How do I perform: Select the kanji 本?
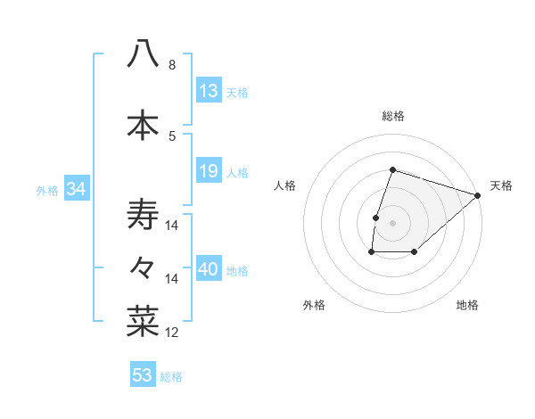(x=143, y=125)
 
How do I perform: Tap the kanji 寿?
(x=143, y=215)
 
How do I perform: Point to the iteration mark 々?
(x=143, y=266)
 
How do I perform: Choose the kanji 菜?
(x=143, y=319)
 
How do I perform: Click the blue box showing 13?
(x=209, y=91)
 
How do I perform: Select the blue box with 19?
(x=209, y=171)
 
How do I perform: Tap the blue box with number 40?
(x=209, y=270)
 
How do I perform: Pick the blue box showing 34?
(x=76, y=189)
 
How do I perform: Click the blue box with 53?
(x=143, y=375)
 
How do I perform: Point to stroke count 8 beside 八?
(x=171, y=65)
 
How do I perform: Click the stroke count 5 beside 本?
(x=171, y=136)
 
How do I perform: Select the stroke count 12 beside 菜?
(x=171, y=333)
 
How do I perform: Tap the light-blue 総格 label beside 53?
(x=171, y=377)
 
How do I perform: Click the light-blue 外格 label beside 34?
(x=47, y=190)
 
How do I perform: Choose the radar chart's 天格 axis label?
(x=501, y=185)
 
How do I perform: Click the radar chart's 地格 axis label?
(x=467, y=305)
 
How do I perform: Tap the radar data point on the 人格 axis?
(x=375, y=218)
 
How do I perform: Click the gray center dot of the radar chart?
(x=392, y=223)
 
